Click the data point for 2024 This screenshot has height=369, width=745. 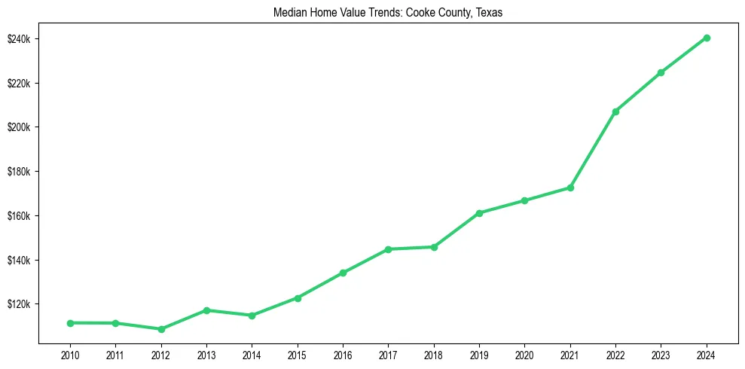(x=707, y=38)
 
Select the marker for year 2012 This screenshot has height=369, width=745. (x=160, y=329)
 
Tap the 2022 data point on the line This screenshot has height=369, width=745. (x=615, y=111)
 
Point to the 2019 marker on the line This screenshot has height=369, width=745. (x=479, y=213)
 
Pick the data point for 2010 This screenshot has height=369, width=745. (x=70, y=323)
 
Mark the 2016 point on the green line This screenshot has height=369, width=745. (x=343, y=273)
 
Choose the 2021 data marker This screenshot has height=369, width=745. (x=570, y=188)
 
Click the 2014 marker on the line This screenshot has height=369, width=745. (x=252, y=316)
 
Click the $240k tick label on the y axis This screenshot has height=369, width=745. (x=18, y=38)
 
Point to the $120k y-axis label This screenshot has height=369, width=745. (x=18, y=304)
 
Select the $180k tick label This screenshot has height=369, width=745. (x=18, y=172)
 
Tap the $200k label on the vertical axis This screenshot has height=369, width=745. (x=18, y=127)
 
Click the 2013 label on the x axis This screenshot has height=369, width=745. (x=206, y=355)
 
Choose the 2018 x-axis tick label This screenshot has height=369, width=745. (x=434, y=355)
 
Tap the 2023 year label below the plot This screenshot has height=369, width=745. (x=661, y=355)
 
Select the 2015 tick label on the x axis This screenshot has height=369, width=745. (x=297, y=355)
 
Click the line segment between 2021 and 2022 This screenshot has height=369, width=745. (x=593, y=150)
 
